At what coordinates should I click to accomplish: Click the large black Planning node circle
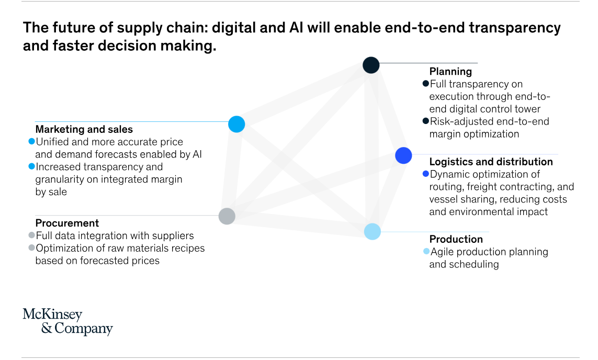pos(371,65)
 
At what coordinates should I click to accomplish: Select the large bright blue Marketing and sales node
pos(236,125)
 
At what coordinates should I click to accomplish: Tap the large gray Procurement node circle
pos(227,216)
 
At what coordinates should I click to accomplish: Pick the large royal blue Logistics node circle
pos(403,155)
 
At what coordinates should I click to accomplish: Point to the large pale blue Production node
pos(372,231)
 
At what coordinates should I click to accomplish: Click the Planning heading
pos(450,72)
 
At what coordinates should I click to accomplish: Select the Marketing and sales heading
pos(84,129)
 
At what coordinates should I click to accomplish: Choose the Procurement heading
pos(67,223)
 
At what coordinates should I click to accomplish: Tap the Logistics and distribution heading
pos(491,162)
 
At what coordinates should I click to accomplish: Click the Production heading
pos(456,239)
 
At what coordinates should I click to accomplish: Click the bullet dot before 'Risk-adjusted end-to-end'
pos(426,121)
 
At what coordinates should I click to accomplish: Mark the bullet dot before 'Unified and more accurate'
pos(32,141)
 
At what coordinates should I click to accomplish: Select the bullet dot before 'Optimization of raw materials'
pos(32,248)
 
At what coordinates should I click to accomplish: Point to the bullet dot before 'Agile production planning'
pos(426,251)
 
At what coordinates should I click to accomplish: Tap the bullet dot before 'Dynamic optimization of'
pos(426,174)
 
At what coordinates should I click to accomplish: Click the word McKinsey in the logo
pos(52,314)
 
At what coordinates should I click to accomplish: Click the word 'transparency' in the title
pos(514,28)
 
